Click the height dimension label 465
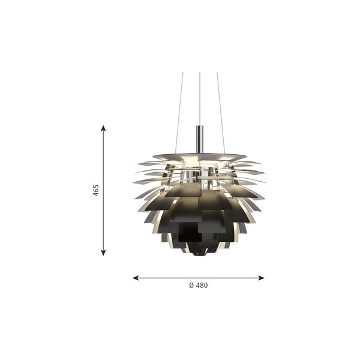click(96, 190)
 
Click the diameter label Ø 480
click(199, 286)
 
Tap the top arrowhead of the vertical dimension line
click(103, 128)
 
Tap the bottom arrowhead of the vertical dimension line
click(103, 253)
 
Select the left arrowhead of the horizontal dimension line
click(136, 278)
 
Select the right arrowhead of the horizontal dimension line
click(261, 278)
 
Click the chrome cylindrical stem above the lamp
click(200, 139)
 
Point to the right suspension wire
click(220, 113)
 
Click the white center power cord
click(200, 99)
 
